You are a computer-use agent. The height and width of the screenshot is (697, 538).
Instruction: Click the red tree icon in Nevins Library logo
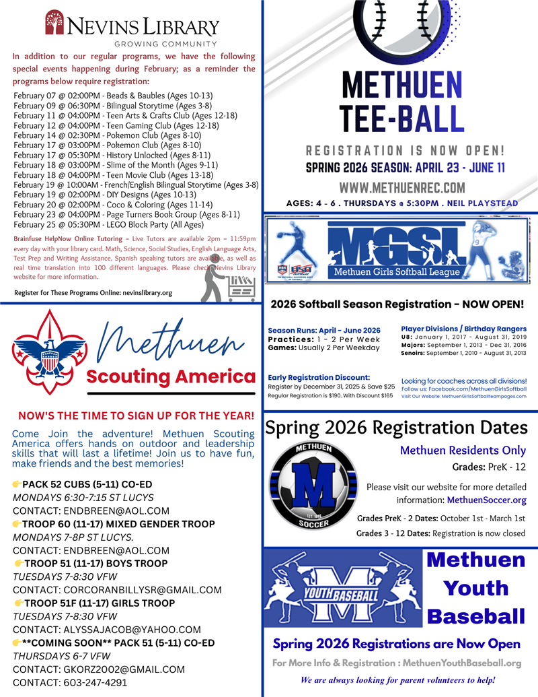click(x=55, y=22)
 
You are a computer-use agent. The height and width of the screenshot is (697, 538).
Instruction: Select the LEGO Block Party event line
click(x=108, y=224)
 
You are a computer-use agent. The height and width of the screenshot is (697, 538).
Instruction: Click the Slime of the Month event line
click(x=115, y=164)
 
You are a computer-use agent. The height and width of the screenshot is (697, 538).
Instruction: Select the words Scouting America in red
click(x=171, y=376)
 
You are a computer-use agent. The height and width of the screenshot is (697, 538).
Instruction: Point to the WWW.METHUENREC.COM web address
click(x=401, y=187)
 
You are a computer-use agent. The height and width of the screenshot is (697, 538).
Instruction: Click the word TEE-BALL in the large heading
click(x=401, y=118)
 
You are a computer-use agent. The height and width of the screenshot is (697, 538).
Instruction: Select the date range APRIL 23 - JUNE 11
click(x=460, y=168)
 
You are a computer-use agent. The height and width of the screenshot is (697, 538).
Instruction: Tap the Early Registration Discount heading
click(x=319, y=377)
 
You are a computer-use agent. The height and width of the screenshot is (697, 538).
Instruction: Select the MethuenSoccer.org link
click(x=486, y=500)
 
